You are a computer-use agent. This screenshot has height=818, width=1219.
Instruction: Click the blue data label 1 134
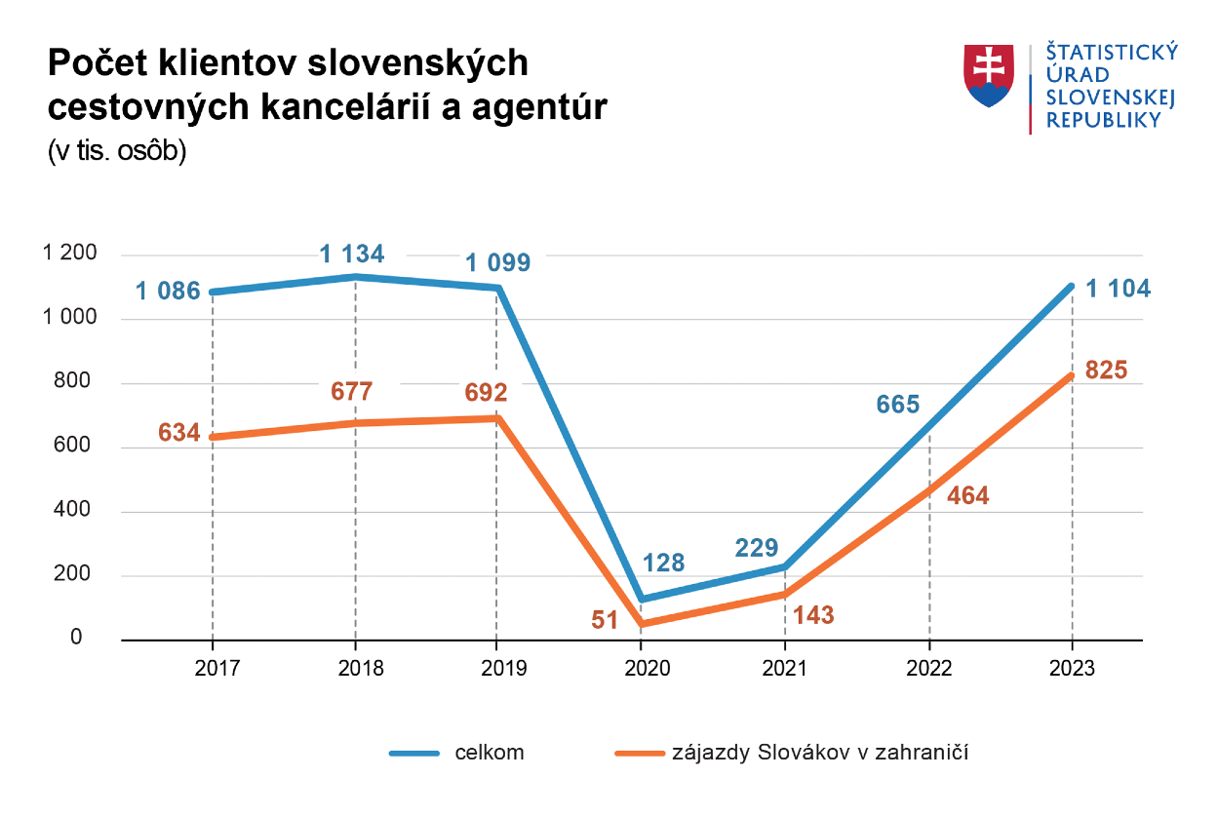[352, 255]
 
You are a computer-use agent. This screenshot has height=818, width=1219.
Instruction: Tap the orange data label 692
[486, 393]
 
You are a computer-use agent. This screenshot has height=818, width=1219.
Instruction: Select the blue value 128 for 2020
[663, 563]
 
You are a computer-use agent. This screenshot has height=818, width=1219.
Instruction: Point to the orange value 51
[605, 620]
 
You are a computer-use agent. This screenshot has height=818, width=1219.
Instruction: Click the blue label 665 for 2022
[898, 405]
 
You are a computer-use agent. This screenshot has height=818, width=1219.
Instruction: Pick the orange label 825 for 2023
[1106, 370]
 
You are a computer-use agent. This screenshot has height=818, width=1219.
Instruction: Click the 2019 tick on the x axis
[497, 669]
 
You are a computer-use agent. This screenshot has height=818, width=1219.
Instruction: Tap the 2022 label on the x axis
[928, 669]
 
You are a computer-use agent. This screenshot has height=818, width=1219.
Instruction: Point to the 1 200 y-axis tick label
[70, 253]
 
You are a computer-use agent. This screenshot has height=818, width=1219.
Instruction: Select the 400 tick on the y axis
[78, 510]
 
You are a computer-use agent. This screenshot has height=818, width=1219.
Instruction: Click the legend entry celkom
[490, 753]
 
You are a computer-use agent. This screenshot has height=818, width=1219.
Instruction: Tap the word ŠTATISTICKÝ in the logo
[1112, 53]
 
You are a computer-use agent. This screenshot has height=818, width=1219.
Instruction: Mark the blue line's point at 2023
[1072, 287]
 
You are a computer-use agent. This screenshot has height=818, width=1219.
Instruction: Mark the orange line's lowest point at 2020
[641, 624]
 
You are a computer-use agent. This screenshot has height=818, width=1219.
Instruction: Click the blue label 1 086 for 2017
[168, 291]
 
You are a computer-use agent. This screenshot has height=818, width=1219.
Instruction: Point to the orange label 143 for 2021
[813, 615]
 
